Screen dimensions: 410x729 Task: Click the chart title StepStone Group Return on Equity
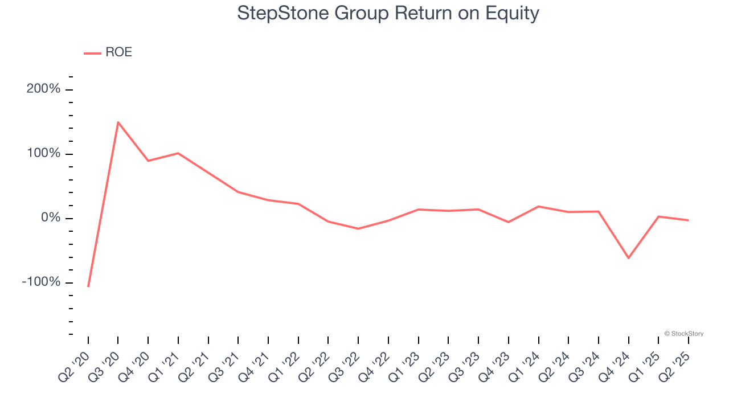[388, 13]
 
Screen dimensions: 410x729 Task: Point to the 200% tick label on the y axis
[43, 89]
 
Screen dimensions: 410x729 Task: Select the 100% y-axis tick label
[43, 154]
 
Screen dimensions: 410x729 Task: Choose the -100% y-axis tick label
[41, 282]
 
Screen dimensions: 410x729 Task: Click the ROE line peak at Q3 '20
[118, 122]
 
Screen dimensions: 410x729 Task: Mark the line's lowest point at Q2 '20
[88, 286]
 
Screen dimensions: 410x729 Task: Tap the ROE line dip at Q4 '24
[629, 258]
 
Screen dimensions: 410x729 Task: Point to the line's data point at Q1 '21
[178, 153]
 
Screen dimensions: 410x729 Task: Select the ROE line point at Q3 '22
[358, 228]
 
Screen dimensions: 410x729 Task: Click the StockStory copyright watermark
[683, 334]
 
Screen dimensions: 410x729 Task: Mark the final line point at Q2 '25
[689, 220]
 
